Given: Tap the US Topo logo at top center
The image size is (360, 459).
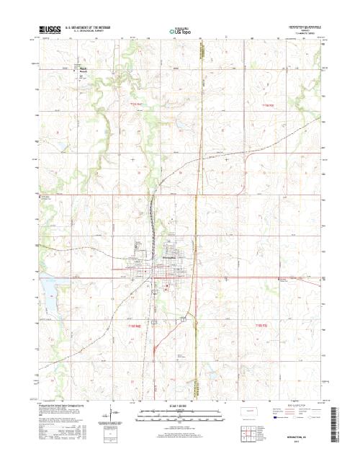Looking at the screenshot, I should pyautogui.click(x=180, y=31).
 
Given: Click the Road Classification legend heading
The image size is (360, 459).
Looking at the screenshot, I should pyautogui.click(x=296, y=406).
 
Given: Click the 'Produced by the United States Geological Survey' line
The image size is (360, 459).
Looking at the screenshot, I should pyautogui.click(x=61, y=405).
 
